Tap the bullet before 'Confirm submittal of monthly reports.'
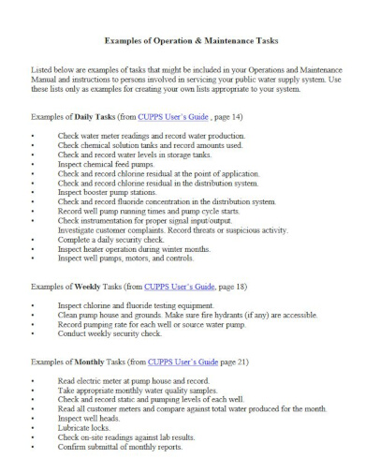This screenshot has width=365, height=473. [x=32, y=447]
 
